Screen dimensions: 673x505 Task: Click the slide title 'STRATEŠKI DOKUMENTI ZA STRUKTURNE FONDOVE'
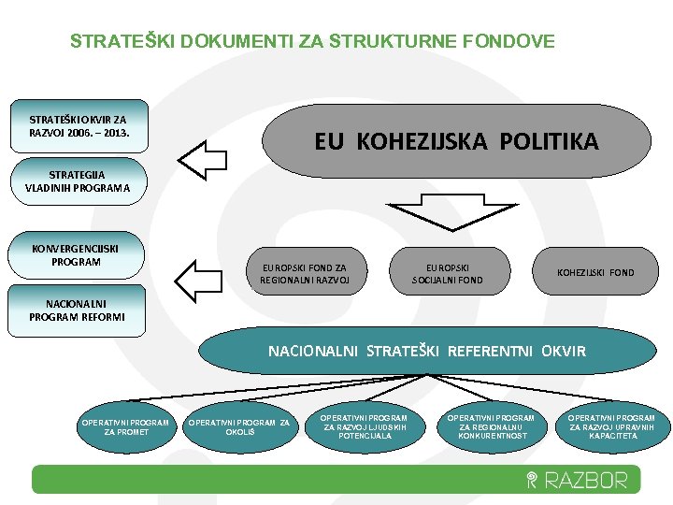[x=312, y=41]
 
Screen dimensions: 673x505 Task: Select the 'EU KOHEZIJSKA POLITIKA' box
[x=456, y=141]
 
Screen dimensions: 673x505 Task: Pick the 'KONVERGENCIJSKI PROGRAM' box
[x=88, y=255]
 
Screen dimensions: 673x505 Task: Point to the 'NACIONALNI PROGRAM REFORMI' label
[x=77, y=310]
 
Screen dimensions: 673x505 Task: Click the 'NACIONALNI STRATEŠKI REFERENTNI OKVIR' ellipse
[x=427, y=352]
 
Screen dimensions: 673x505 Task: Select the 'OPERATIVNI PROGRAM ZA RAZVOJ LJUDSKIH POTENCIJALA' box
[x=364, y=426]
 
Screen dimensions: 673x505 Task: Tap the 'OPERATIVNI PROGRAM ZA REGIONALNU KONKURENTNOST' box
[x=491, y=426]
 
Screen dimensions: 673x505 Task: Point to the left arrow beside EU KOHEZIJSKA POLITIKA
[x=203, y=157]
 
